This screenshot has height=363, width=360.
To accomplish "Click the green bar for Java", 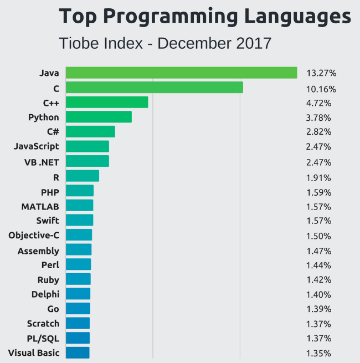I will (x=181, y=73).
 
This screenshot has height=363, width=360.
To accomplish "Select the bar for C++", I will (x=107, y=102).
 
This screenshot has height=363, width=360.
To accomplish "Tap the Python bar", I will (x=99, y=116).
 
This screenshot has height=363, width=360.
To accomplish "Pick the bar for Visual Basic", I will (x=78, y=352).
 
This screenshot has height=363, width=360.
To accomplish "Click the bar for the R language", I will (x=83, y=176).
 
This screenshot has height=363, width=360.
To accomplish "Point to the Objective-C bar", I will (x=79, y=234).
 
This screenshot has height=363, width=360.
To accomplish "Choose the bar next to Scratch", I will (x=78, y=323).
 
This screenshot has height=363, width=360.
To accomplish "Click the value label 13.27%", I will (x=321, y=73).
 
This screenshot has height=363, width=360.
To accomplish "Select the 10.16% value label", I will (x=321, y=89).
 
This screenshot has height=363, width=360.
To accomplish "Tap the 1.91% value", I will (x=318, y=178).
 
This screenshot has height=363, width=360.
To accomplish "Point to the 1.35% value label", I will (x=318, y=353).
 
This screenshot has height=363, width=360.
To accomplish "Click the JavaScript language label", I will (x=36, y=146).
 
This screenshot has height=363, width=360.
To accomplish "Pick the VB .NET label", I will (x=42, y=162).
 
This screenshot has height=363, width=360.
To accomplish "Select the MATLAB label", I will (x=40, y=206).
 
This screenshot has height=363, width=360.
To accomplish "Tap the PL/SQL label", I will (x=43, y=338).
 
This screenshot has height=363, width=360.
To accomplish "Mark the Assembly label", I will (x=38, y=250).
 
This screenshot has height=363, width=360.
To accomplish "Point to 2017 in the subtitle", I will (x=253, y=43).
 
